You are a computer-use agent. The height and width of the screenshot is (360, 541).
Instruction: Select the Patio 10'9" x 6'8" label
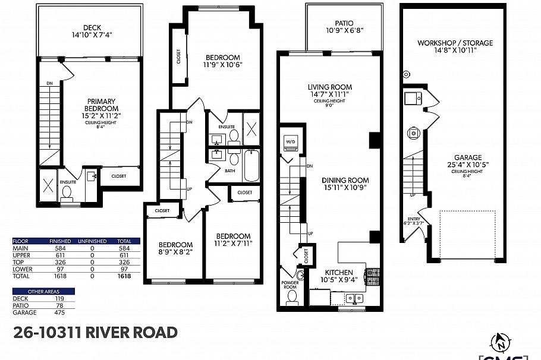coord(344,27)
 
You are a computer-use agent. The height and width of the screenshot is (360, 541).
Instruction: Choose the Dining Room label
coord(345,184)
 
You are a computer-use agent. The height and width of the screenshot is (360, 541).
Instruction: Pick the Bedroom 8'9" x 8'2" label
coord(175,248)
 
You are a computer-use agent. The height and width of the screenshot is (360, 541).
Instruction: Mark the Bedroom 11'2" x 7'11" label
coord(233,239)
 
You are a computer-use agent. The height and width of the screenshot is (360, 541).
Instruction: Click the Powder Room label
coord(290,285)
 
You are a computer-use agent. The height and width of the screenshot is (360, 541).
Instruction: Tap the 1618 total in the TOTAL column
coord(124,276)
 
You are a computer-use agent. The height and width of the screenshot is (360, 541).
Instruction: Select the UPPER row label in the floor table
coord(21,255)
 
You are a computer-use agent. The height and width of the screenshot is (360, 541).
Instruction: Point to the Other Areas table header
coord(43,291)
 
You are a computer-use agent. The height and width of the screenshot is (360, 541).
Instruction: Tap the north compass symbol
coord(501,343)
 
